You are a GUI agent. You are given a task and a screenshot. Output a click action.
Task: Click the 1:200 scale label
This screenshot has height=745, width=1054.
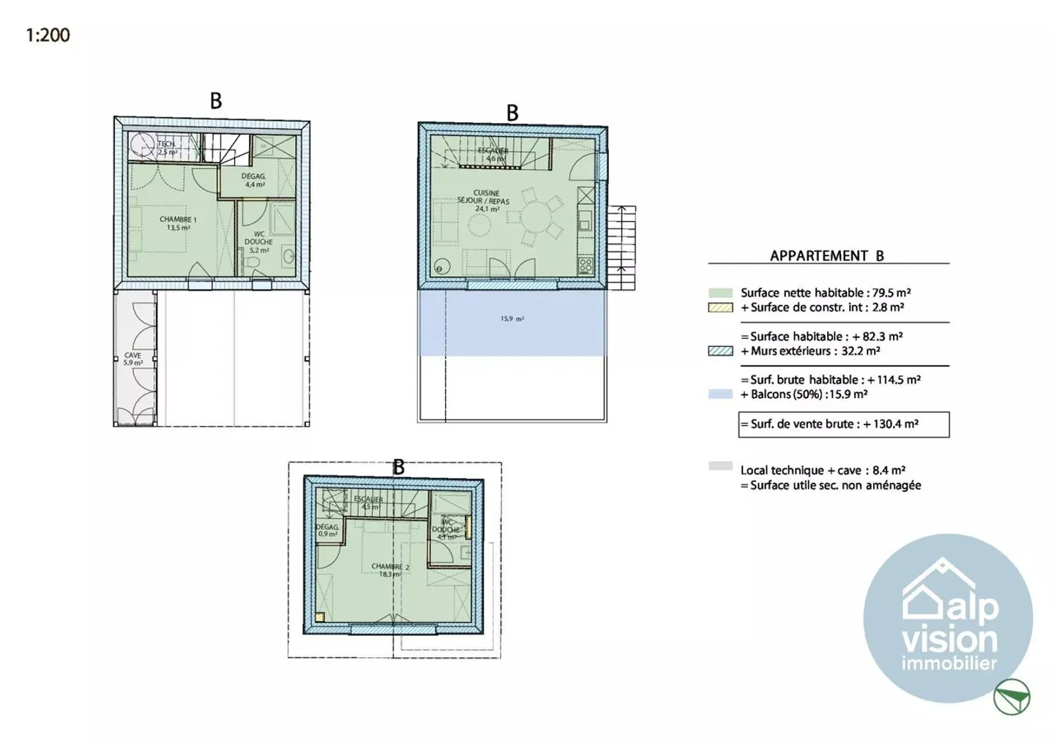(48, 34)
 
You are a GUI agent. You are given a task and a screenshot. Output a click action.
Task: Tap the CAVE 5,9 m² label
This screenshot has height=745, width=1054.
(132, 359)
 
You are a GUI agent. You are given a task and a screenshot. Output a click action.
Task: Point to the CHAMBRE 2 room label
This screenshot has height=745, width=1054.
(389, 570)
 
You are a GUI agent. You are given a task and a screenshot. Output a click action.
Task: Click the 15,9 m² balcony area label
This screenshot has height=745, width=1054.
(512, 319)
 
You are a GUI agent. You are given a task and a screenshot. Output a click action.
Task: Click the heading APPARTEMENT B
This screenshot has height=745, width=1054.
(826, 255)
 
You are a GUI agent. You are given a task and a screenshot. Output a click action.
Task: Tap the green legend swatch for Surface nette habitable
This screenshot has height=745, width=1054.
(720, 293)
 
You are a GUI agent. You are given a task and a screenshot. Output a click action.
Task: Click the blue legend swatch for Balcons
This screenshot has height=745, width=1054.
(720, 394)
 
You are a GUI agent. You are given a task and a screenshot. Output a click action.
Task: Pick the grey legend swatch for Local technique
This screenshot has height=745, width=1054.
(720, 466)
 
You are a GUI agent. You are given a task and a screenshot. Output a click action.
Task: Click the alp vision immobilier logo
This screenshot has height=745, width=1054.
(947, 618)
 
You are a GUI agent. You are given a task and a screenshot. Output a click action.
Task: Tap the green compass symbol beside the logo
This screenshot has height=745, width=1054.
(1012, 696)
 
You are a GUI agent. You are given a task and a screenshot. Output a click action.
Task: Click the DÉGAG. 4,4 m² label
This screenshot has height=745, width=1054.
(254, 180)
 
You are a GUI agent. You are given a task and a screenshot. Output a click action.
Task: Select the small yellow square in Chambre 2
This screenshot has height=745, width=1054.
(320, 617)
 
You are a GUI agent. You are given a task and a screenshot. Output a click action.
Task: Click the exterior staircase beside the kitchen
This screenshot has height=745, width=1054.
(622, 247)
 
